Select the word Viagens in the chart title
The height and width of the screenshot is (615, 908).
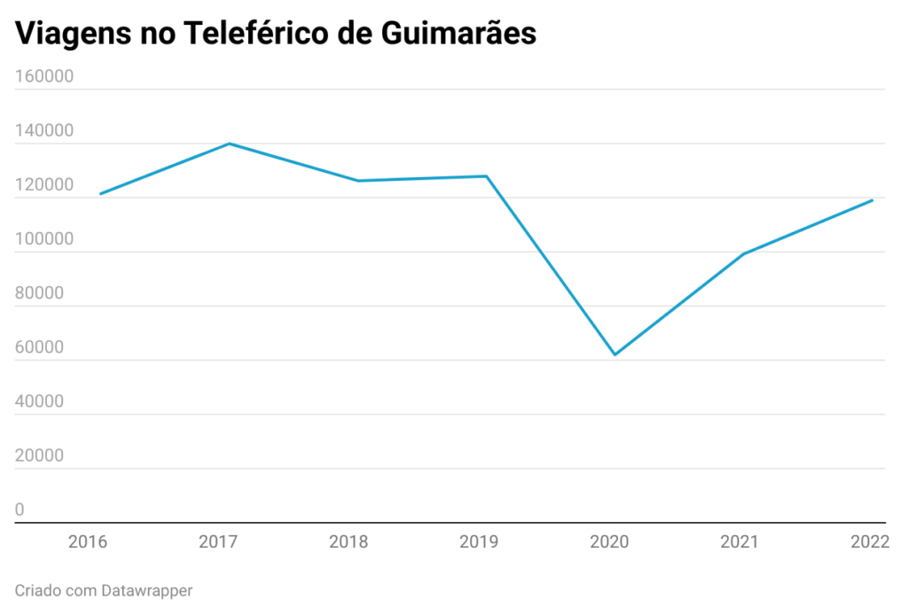67,34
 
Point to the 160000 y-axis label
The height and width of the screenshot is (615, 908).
44,76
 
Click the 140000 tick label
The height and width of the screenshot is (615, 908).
44,131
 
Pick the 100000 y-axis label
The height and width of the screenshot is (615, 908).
44,239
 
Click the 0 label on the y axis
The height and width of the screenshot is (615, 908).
20,510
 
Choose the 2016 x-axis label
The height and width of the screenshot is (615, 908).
88,541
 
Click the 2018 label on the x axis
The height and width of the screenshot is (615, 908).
348,541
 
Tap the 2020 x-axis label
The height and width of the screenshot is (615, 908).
610,541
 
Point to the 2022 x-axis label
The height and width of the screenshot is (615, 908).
869,541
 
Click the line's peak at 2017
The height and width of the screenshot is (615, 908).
229,144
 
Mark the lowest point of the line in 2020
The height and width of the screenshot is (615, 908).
614,354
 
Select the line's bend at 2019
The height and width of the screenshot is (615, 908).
486,176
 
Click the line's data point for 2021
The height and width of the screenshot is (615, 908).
743,254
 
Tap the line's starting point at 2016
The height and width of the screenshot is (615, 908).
100,193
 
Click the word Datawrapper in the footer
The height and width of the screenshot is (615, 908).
146,589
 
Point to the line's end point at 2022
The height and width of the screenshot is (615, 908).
873,200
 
